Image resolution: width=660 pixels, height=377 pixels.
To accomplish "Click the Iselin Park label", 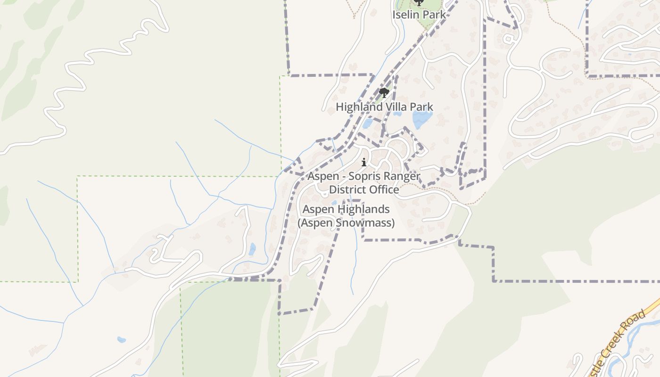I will [x=419, y=15].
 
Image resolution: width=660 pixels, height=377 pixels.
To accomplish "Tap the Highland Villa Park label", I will [x=384, y=107].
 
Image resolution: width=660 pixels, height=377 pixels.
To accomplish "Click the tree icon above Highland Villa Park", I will [x=384, y=92].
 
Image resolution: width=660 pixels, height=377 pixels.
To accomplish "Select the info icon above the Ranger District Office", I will [x=363, y=163].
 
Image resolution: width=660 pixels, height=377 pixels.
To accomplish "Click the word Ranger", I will [x=402, y=176].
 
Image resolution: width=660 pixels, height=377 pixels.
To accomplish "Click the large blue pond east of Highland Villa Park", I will [x=422, y=119].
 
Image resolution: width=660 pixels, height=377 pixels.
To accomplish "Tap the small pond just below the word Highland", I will [x=368, y=124].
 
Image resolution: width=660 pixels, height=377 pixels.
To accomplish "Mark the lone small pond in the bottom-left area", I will [x=121, y=339].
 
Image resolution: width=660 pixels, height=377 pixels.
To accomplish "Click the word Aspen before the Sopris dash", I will [x=323, y=176].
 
